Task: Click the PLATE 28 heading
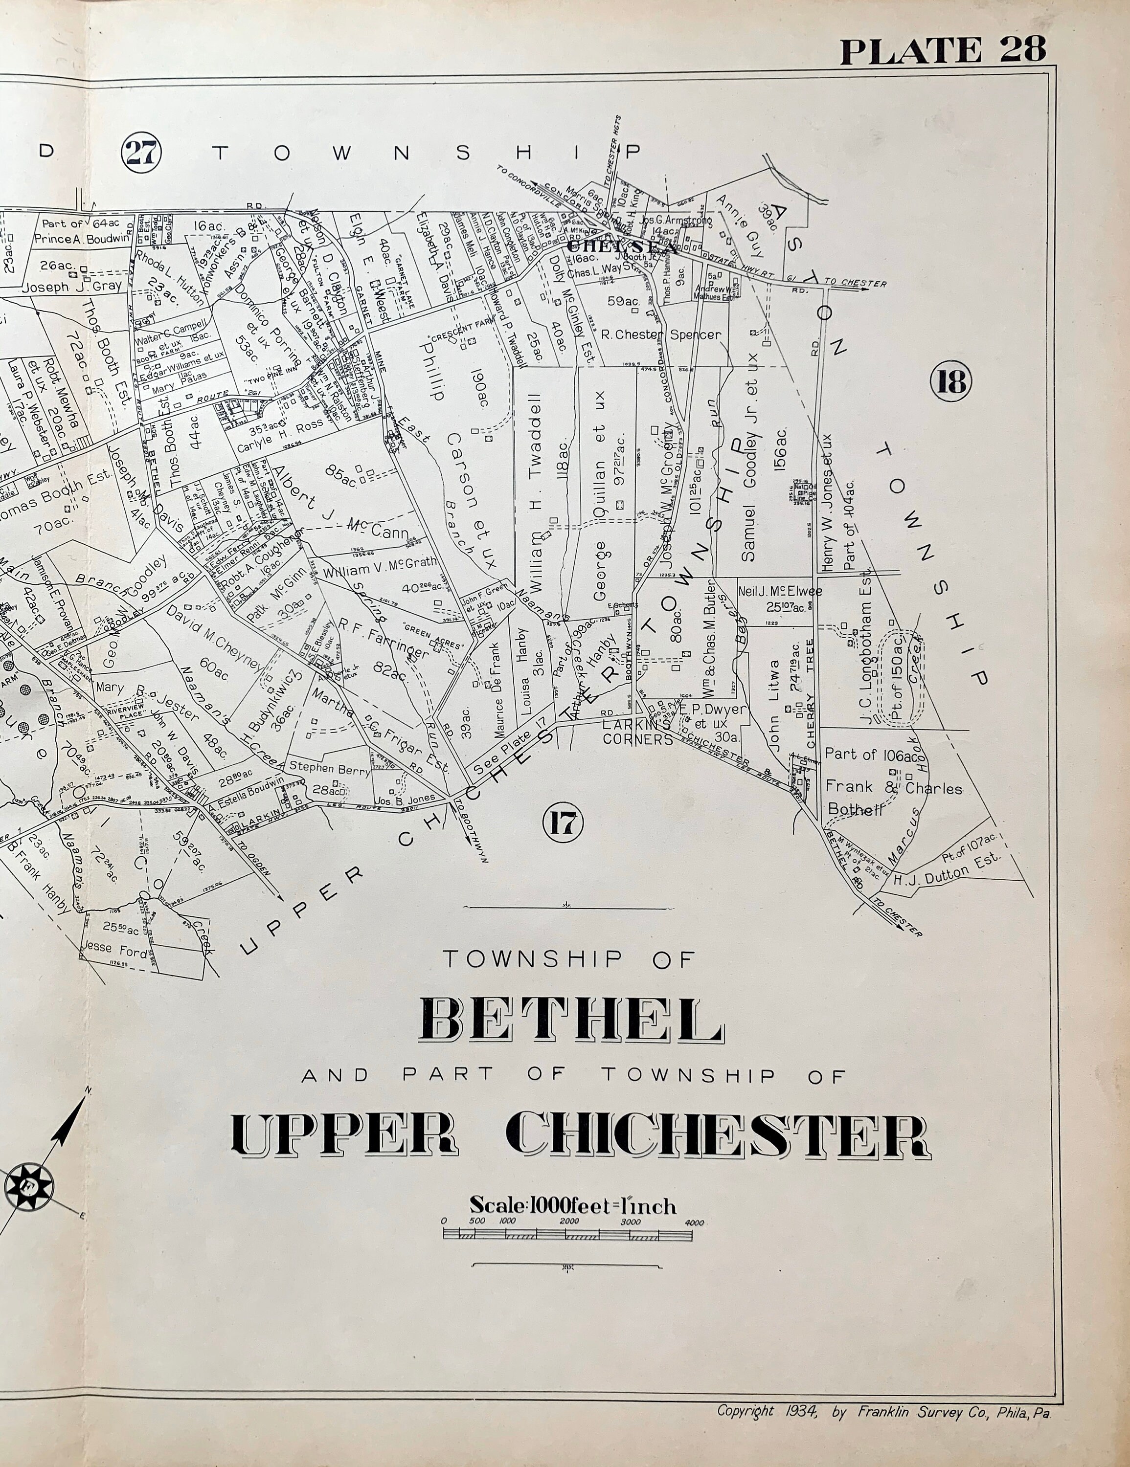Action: pos(943,49)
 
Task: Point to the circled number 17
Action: pos(563,823)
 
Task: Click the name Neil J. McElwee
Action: pos(779,592)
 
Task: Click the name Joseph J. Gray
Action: pos(72,286)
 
